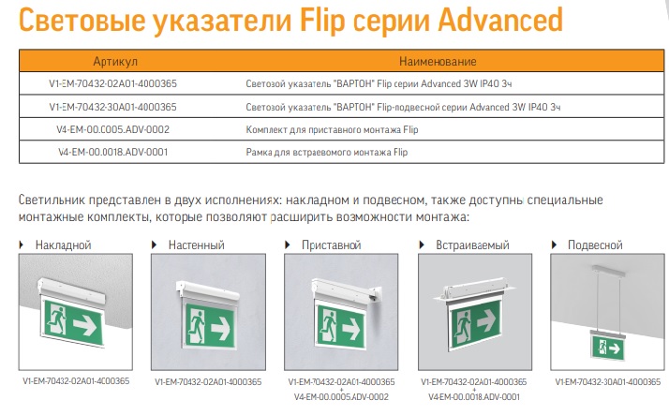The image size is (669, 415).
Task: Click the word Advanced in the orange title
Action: coord(500,19)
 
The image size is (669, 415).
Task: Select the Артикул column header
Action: coord(115,62)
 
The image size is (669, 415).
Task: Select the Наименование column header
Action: coord(438,62)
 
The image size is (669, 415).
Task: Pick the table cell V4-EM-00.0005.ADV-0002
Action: coord(113,129)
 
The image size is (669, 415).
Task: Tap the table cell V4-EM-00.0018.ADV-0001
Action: coord(113,152)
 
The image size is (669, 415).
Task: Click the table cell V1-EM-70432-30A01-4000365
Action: coord(113,107)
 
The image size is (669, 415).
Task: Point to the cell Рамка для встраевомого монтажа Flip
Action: coord(327,153)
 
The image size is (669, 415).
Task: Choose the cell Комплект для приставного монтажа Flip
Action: coord(332,129)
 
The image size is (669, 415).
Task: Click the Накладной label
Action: coord(63,245)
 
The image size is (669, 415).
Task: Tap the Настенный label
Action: coord(196,245)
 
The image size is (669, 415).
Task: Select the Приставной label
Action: coord(331,245)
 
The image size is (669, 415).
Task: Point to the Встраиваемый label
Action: coord(472,245)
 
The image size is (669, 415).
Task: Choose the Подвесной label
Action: coord(595,245)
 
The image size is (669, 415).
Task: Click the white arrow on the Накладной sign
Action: coord(85,325)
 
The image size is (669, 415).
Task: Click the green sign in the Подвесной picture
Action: coord(608,348)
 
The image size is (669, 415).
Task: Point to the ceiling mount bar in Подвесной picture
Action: coord(606,270)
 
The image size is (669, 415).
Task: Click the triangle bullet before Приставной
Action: coord(288,245)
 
